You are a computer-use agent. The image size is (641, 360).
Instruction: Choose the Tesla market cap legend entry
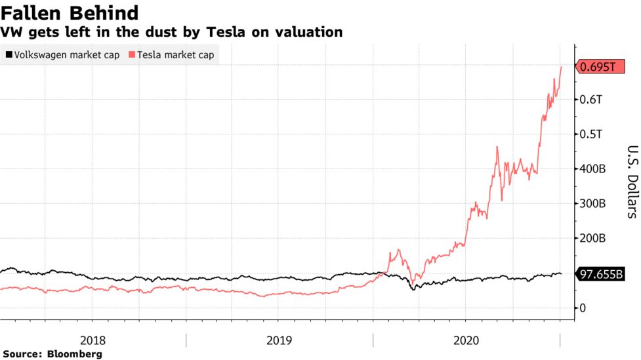pos(174,55)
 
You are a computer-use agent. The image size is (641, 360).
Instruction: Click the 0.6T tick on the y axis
pos(591,100)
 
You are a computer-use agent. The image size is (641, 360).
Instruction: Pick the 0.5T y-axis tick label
pos(591,134)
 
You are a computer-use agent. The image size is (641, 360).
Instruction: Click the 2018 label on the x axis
pos(93,340)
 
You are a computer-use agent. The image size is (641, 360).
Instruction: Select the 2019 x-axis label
pos(279,340)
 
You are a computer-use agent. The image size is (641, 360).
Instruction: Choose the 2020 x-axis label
pos(466,340)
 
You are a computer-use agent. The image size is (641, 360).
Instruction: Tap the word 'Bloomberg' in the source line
pos(75,354)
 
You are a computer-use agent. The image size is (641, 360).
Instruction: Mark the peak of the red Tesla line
pos(561,66)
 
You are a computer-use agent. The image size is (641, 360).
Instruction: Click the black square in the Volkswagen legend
pos(7,55)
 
